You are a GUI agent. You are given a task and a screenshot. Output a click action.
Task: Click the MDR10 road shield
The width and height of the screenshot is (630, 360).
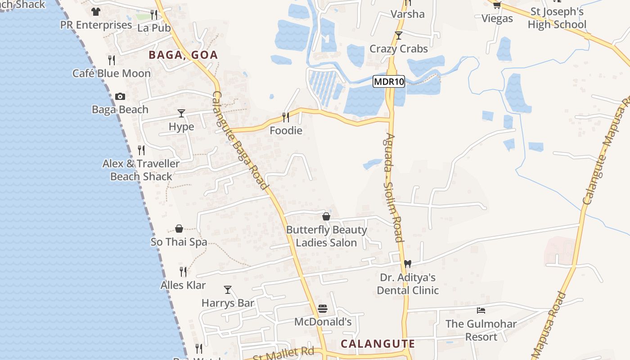[389, 82]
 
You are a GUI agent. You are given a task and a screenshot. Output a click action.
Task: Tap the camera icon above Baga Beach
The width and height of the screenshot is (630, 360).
[120, 96]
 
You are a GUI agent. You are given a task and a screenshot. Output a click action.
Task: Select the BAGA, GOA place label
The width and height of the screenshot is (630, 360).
[183, 55]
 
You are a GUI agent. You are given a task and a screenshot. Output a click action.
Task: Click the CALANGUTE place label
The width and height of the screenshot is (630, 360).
[378, 344]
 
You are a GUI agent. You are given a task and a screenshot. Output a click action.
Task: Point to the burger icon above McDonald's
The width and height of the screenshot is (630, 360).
[323, 309]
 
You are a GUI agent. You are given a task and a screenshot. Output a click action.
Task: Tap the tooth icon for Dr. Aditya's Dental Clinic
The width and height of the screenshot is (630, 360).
[408, 264]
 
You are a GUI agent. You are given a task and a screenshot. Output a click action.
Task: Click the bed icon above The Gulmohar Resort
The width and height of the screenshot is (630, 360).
[481, 310]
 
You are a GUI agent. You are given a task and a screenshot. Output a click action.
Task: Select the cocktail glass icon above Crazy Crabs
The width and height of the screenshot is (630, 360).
[398, 36]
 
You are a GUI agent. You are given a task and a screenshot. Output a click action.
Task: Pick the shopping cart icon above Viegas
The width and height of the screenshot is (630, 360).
[497, 5]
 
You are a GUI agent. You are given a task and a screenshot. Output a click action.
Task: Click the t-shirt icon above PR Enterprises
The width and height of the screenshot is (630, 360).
[95, 12]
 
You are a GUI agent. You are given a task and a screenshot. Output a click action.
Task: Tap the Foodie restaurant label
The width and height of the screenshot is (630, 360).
[286, 130]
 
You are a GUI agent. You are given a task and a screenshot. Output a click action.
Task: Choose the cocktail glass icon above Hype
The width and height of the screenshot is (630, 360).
[181, 113]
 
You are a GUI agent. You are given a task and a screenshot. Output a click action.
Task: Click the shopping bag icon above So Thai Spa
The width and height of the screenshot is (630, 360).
[179, 229]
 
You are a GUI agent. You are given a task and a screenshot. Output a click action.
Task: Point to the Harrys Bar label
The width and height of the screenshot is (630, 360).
[228, 303]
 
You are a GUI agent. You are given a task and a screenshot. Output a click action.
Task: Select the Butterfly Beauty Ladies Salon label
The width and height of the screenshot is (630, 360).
[326, 236]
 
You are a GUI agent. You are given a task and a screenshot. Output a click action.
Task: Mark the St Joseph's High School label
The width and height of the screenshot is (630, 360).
[557, 18]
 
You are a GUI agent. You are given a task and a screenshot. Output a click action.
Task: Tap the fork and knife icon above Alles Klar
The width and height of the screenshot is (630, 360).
[183, 272]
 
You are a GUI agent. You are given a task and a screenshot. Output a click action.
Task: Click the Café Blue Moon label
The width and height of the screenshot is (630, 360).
[112, 73]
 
